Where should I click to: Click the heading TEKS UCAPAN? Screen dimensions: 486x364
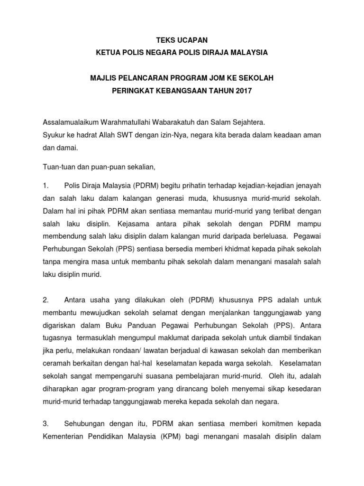pos(182,41)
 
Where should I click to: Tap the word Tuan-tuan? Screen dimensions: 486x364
pos(57,167)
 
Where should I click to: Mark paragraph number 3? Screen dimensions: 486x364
pos(45,423)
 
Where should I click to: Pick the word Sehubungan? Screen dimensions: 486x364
pos(86,423)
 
